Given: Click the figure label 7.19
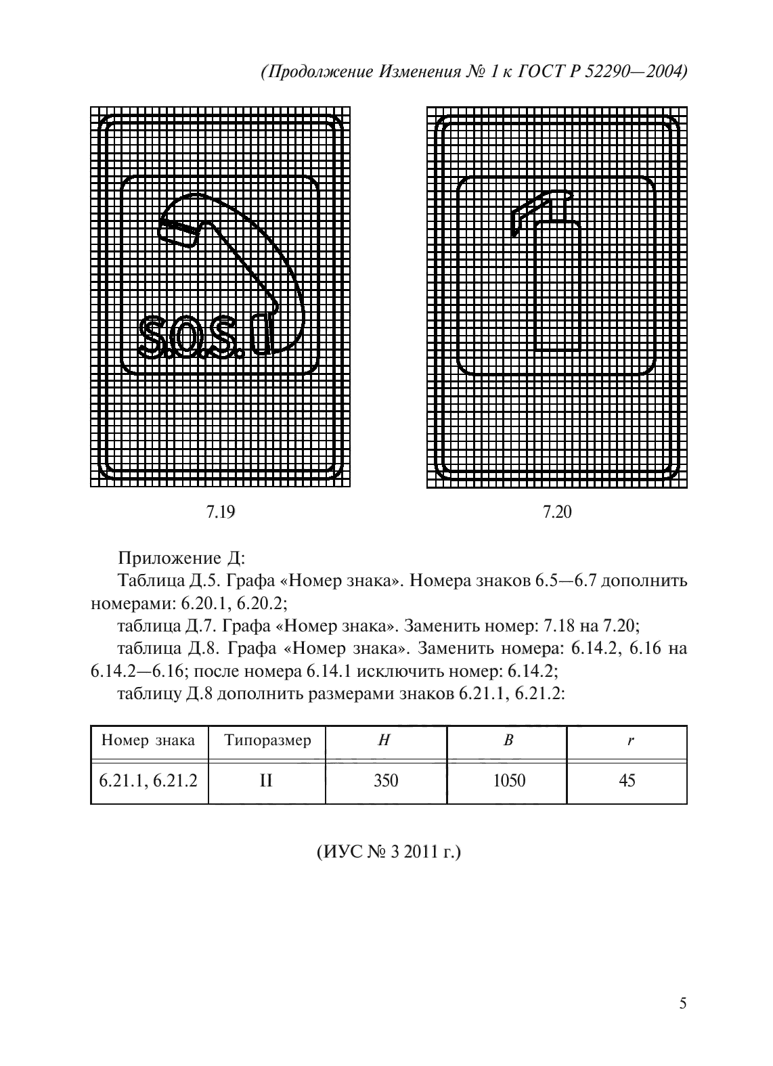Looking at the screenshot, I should click(220, 512).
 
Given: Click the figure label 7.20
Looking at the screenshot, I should click(557, 512).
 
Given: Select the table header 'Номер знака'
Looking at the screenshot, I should click(148, 740).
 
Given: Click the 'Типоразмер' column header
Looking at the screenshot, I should click(267, 740).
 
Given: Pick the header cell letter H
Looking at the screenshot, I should click(384, 740).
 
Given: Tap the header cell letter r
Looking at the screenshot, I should click(630, 740).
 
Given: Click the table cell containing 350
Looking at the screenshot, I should click(386, 781).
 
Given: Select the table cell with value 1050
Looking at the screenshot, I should click(509, 781).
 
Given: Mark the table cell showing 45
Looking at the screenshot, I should click(627, 781).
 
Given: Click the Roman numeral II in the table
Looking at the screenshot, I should click(266, 781).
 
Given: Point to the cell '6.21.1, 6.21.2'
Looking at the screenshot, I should click(149, 781).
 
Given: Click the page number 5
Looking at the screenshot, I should click(682, 1003).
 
